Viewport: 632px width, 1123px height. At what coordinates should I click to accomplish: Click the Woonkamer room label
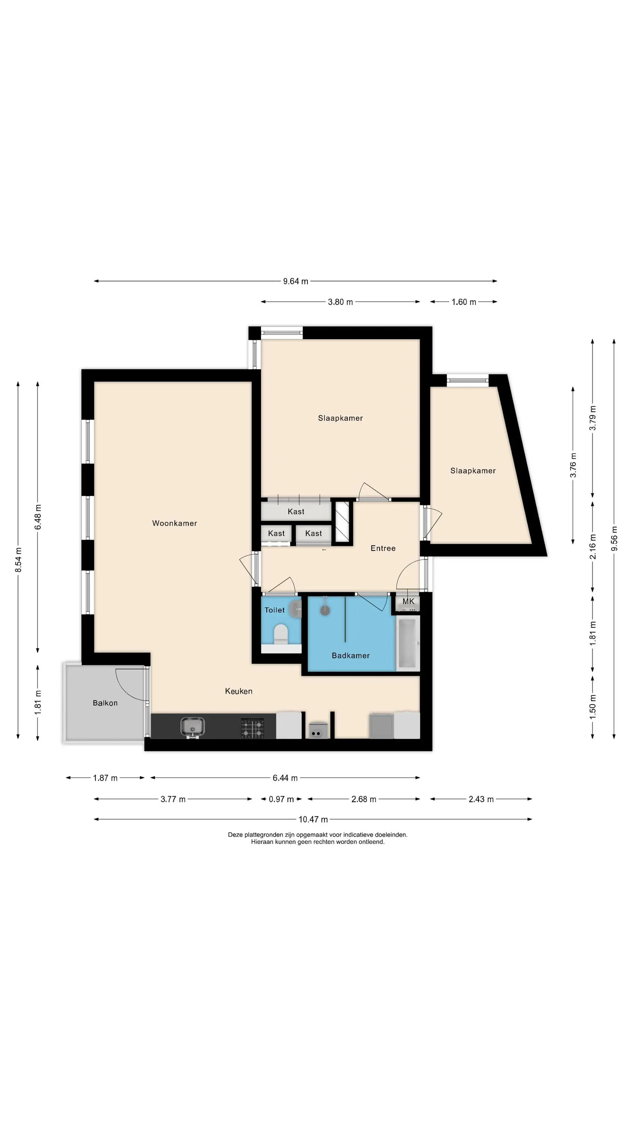click(x=174, y=523)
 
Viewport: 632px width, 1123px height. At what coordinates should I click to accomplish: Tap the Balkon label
click(x=105, y=703)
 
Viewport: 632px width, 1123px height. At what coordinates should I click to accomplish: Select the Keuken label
click(x=238, y=691)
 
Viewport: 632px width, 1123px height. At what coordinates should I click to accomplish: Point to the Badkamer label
click(x=351, y=655)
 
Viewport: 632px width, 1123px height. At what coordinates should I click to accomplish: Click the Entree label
click(x=383, y=548)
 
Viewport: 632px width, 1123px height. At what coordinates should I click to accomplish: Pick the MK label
click(x=408, y=602)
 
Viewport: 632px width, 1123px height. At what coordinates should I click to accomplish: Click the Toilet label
click(x=274, y=610)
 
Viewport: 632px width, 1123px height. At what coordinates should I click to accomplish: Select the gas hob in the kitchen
click(x=253, y=728)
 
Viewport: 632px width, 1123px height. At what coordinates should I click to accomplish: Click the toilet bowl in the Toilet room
click(x=281, y=634)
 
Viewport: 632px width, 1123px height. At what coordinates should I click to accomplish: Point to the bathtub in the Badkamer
click(x=408, y=643)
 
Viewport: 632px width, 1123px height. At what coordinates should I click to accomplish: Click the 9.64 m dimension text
click(x=296, y=281)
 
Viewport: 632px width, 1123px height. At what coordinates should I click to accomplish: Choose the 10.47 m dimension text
click(x=313, y=819)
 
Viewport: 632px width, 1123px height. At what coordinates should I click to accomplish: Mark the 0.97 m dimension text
click(x=281, y=799)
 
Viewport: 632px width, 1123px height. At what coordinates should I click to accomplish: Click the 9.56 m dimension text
click(x=614, y=538)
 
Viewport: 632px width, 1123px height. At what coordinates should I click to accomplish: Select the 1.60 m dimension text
click(x=464, y=302)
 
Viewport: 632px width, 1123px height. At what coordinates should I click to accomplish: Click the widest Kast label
click(x=296, y=511)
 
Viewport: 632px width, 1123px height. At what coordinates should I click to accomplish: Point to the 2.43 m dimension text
click(x=481, y=799)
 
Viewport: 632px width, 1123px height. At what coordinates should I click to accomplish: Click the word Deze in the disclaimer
click(x=235, y=834)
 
